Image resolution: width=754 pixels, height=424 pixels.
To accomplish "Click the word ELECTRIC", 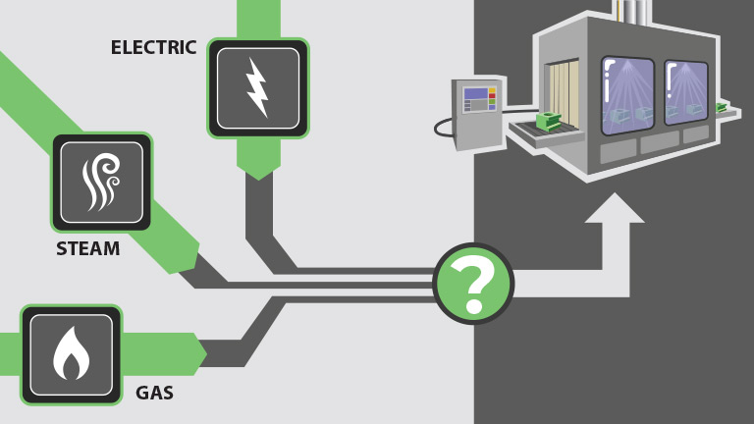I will coord(153,48).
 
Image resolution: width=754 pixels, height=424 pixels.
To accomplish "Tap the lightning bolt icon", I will coord(257,87).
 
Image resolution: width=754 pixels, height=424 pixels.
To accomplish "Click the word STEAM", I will coord(87,249).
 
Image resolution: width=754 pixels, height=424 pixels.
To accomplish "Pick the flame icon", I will coord(71,354).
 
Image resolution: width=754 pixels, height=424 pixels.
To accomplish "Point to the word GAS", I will coord(154,394).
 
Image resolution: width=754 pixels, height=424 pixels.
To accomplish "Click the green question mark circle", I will coord(473,284).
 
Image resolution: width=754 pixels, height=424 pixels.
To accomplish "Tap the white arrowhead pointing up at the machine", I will coord(615,209).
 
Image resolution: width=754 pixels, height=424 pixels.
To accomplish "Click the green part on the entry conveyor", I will coord(547,123).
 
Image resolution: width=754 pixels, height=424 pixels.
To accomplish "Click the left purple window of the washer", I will coord(627,94).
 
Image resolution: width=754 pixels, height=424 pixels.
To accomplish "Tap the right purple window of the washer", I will coord(686,93).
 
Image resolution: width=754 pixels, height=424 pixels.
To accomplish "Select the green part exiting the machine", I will coord(722,106).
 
